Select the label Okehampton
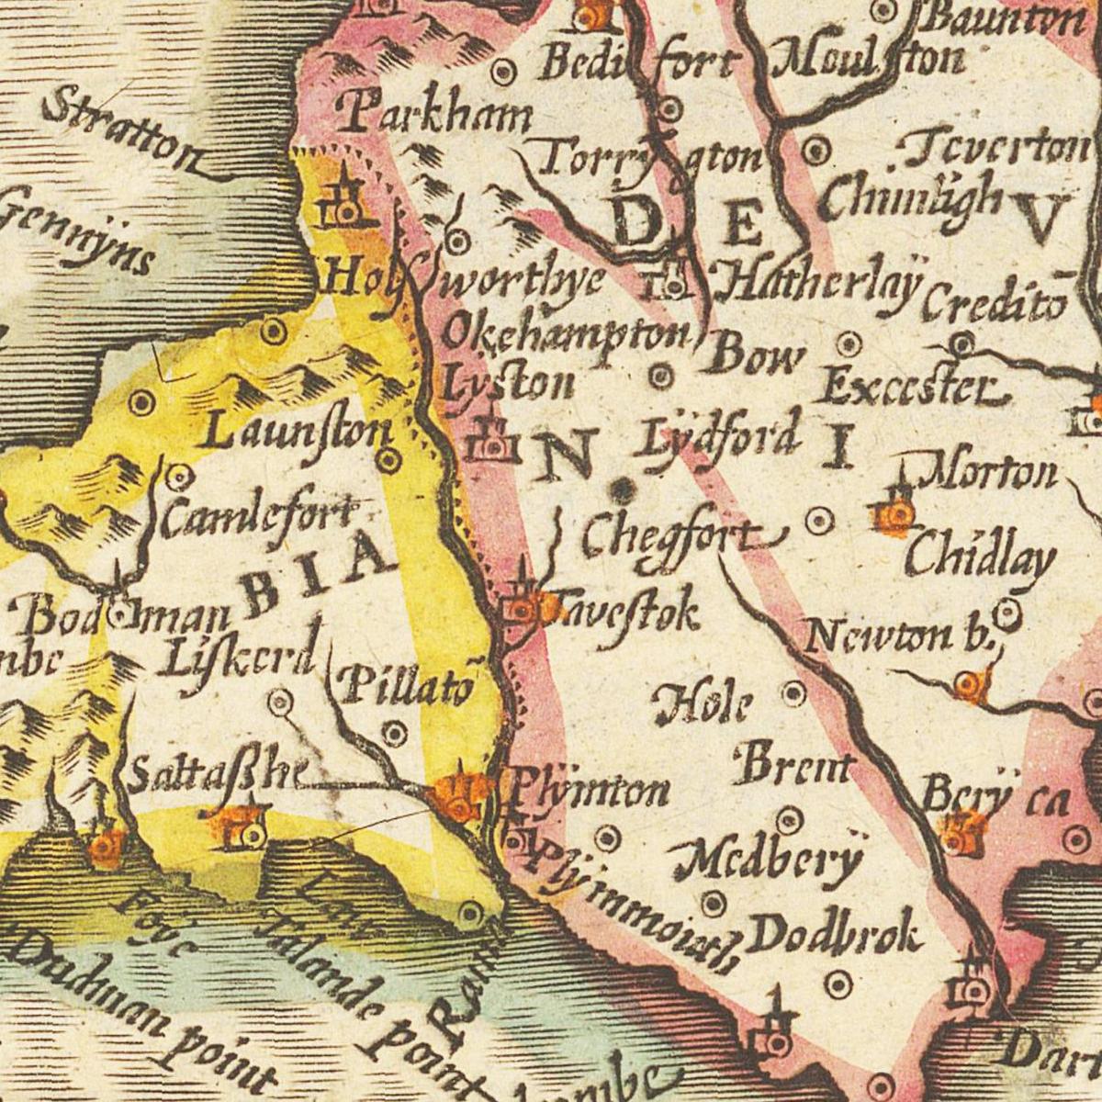pos(565,335)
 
